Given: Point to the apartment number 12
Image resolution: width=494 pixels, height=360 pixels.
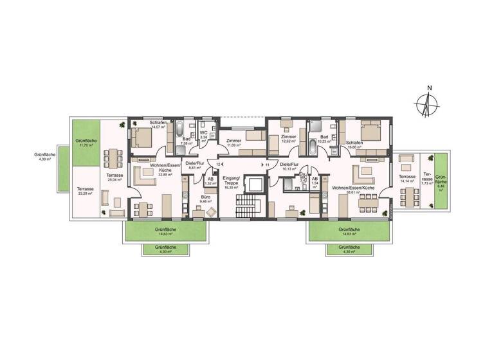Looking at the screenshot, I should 219,165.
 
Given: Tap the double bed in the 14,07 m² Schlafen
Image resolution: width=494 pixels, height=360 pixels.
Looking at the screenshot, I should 143,136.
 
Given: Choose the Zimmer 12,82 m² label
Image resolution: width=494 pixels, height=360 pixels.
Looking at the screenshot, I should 288,139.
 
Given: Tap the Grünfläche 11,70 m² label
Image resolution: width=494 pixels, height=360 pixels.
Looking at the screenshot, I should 86,143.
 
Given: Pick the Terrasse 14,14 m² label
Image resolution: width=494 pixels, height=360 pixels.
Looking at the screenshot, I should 406,179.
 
